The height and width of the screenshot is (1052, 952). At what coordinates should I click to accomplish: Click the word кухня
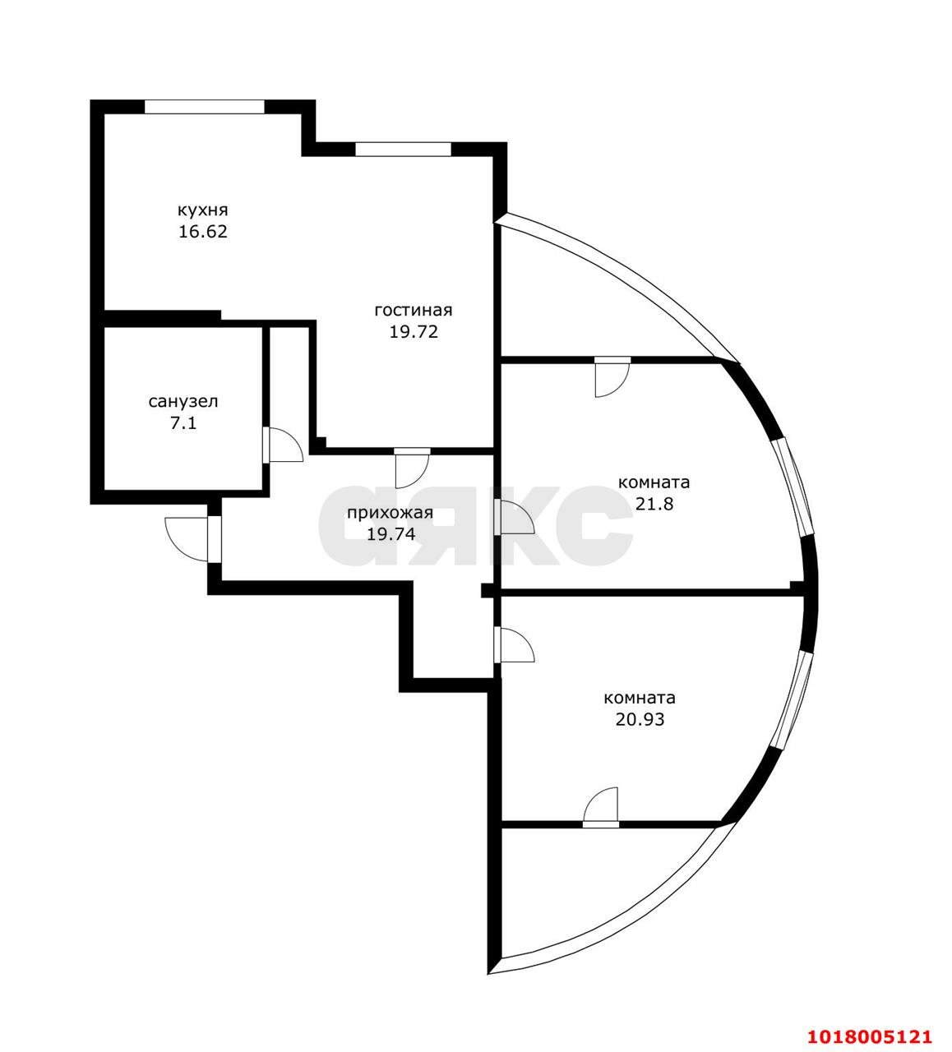[202, 211]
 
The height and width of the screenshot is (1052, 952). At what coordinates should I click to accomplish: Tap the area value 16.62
[202, 232]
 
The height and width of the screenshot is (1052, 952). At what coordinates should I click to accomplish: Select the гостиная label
[413, 311]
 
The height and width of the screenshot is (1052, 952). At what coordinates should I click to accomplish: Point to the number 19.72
[413, 332]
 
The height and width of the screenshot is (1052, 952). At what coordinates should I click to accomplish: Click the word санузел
[183, 402]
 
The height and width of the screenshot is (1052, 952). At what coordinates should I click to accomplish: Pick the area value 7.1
[183, 422]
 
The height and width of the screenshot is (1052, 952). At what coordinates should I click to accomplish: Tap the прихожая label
[390, 513]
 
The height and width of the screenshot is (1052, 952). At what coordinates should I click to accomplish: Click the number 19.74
[391, 534]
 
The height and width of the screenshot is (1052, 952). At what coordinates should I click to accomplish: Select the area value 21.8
[654, 504]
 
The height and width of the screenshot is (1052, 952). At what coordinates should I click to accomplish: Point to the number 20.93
[640, 719]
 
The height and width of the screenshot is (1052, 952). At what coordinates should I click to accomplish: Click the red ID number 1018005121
[868, 1022]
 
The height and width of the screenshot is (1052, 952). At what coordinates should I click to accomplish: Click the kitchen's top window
[205, 107]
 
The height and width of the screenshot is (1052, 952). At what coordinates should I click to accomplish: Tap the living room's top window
[403, 149]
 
